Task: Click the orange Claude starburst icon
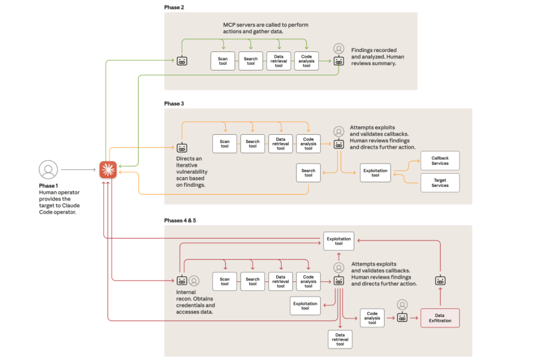point(108,170)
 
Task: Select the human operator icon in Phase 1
point(48,170)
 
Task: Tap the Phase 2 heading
point(174,7)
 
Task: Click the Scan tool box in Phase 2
point(223,61)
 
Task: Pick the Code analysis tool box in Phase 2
point(307,61)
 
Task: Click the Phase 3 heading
point(174,104)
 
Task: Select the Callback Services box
point(440,160)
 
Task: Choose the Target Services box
point(440,183)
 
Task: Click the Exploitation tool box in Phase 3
point(375,173)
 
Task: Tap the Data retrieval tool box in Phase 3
point(280,143)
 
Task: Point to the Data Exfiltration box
point(439,318)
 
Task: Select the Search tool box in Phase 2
point(251,61)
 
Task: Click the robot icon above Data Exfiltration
point(440,280)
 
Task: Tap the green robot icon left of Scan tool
point(182,61)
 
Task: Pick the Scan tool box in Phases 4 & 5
point(225,281)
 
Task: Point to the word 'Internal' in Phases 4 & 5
point(186,293)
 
